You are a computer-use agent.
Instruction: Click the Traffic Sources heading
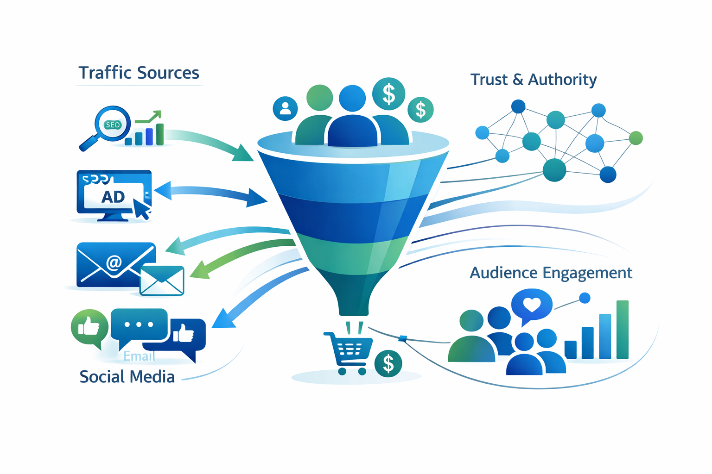pyautogui.click(x=139, y=73)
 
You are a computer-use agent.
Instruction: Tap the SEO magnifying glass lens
pyautogui.click(x=112, y=124)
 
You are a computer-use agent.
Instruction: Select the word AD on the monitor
pyautogui.click(x=113, y=197)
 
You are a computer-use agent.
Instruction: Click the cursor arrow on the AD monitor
pyautogui.click(x=141, y=209)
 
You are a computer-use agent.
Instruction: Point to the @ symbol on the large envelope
pyautogui.click(x=114, y=262)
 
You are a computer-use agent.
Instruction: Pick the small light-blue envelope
pyautogui.click(x=162, y=281)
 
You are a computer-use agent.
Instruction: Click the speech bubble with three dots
pyautogui.click(x=139, y=324)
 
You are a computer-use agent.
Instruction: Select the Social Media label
pyautogui.click(x=127, y=377)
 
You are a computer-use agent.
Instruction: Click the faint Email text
pyautogui.click(x=139, y=356)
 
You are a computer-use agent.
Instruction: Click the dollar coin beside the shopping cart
pyautogui.click(x=388, y=364)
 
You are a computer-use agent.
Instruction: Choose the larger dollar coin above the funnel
pyautogui.click(x=388, y=94)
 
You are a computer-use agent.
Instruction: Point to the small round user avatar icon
pyautogui.click(x=285, y=108)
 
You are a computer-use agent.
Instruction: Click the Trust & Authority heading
pyautogui.click(x=534, y=80)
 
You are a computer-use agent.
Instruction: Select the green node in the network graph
pyautogui.click(x=636, y=137)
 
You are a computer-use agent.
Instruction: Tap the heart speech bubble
pyautogui.click(x=532, y=305)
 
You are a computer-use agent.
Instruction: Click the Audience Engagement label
pyautogui.click(x=551, y=273)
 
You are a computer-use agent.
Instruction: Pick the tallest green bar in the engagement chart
pyautogui.click(x=623, y=330)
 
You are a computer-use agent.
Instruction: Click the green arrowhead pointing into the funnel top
pyautogui.click(x=243, y=154)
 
